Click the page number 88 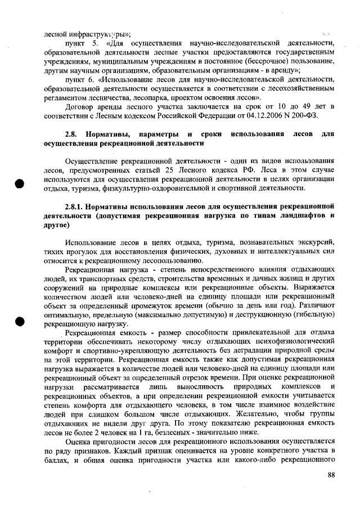[331, 475]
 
